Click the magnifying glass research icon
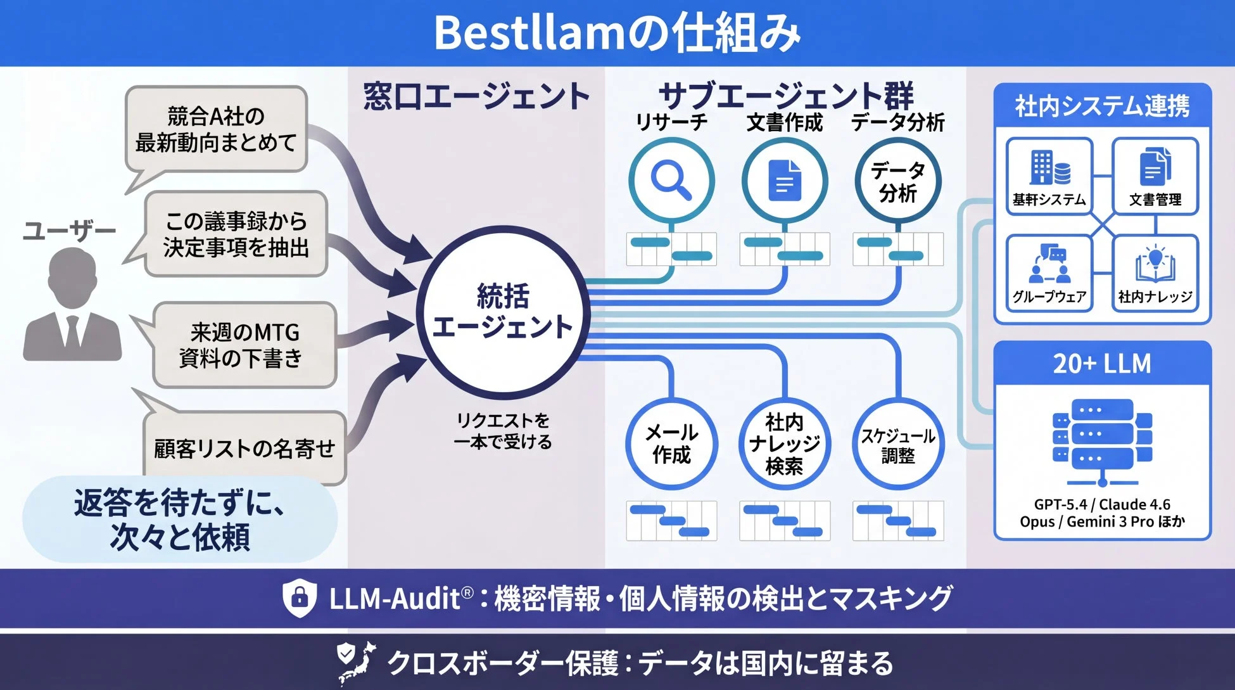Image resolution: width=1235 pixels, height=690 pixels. coord(671,180)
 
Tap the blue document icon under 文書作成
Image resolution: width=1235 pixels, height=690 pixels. coord(785,180)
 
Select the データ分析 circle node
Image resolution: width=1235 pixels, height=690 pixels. coord(898,181)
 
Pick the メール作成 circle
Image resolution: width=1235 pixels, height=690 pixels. coord(671,444)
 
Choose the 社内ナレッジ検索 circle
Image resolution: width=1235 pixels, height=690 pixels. coord(785,444)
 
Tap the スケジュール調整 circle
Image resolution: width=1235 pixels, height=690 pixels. coord(898,444)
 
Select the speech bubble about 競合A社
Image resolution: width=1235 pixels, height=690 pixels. coord(216,130)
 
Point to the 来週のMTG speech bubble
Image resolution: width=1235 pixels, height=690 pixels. coord(244,345)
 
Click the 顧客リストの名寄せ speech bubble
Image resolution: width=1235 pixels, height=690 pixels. coord(244,449)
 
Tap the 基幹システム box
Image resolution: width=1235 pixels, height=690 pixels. coord(1049,177)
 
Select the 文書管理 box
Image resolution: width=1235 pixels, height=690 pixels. coord(1155,177)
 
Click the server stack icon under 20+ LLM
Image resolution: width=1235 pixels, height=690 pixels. coord(1102,440)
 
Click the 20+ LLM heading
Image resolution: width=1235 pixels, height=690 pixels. coord(1102,364)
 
